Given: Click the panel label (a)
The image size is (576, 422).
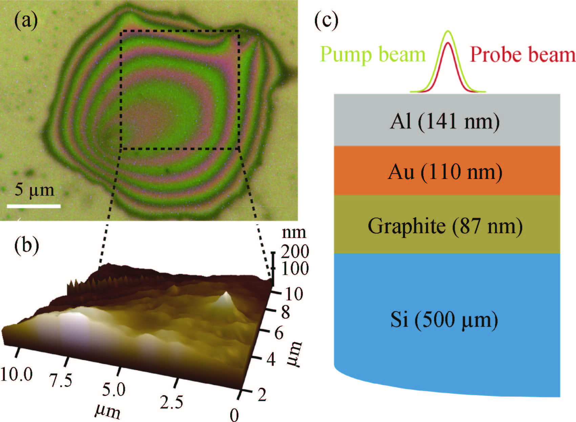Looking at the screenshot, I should pos(25,22).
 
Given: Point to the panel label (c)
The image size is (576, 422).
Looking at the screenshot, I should pos(326,21).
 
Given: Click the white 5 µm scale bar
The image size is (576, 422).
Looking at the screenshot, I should pos(34,206).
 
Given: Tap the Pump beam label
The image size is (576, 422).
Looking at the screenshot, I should pos(372,55).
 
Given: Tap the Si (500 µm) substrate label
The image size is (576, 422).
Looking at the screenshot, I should pos(444,320).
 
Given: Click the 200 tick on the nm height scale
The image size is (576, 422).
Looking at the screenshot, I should pos(295,252).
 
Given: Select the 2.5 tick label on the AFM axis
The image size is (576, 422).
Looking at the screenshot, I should pos(172,402).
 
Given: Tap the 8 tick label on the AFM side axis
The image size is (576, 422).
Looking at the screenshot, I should pos(285,312).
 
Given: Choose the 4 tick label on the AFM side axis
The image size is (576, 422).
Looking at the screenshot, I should pos(271,359).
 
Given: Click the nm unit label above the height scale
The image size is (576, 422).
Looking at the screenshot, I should pos(294,233).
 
